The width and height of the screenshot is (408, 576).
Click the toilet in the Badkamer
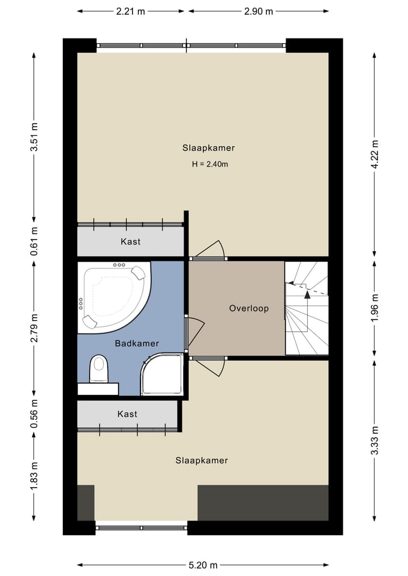99,369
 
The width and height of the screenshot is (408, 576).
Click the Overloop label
249,308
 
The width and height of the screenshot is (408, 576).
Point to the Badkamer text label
137,343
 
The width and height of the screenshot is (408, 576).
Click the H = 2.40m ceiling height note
210,164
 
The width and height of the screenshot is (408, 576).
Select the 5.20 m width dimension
203,565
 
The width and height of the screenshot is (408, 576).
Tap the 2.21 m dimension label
130,11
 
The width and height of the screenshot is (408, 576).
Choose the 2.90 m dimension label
258,11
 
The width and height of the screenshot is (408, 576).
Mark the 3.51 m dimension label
34,137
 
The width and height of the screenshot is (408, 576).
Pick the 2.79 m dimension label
34,328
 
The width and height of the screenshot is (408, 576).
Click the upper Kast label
130,242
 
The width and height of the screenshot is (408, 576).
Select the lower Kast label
127,414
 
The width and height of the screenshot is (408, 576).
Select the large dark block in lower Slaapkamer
263,502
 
